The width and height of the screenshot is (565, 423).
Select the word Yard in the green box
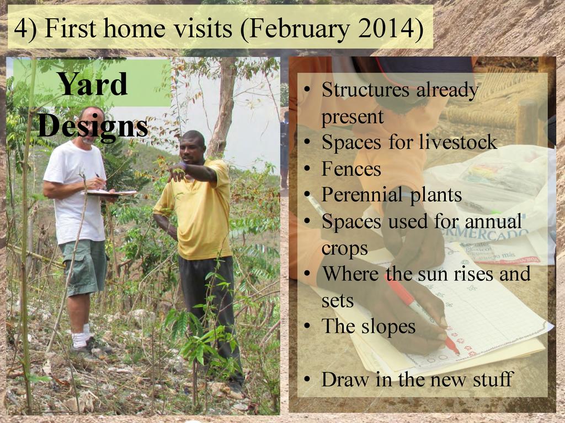93,84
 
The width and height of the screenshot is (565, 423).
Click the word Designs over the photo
93,127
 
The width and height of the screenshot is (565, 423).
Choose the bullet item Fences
351,169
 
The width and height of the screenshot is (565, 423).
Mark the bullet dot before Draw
307,379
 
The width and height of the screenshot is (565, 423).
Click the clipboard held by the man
110,193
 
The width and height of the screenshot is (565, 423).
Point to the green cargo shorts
84,266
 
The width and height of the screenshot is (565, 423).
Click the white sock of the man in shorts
79,339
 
